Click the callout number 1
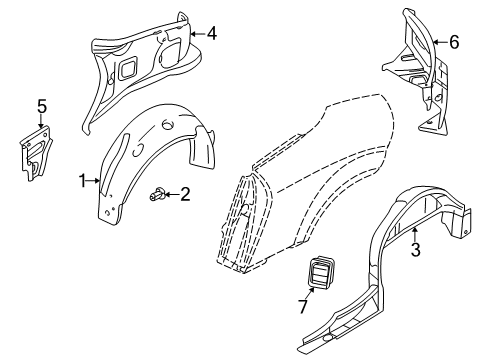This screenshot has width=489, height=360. point(82,181)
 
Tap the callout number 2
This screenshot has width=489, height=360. point(185,194)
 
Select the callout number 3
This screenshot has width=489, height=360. point(415,250)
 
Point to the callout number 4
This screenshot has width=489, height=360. point(212,34)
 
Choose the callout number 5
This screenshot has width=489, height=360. point(42,107)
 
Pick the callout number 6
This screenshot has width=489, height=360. point(454,42)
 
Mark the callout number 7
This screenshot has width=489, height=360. point(303,307)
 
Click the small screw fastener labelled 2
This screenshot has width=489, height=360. point(156,194)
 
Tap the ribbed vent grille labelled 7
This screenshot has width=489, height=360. point(319,270)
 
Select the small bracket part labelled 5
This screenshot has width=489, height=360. point(35,153)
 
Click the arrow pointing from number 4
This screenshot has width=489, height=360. point(198,34)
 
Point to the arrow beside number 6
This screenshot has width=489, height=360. point(440,42)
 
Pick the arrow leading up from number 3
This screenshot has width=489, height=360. point(414,234)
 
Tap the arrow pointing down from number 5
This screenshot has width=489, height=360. point(41,121)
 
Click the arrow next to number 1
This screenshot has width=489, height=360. point(93,181)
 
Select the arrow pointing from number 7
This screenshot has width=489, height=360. point(310,293)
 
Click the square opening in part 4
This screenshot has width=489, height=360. point(127,69)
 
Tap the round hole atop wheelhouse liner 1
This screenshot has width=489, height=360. point(168,125)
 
